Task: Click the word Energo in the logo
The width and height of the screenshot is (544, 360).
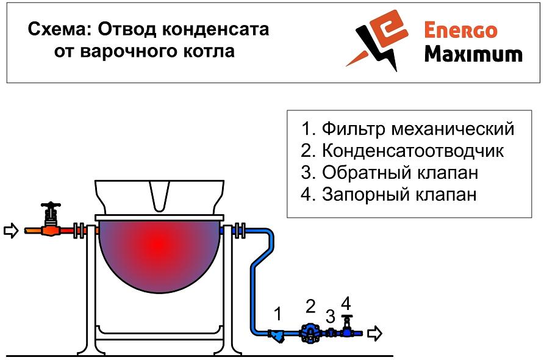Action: pos(460,30)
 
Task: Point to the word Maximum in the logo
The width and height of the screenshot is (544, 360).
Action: pos(473,54)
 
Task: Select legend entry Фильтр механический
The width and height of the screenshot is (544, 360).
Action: pos(407,129)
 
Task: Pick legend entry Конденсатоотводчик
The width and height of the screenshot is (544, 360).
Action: pos(402,151)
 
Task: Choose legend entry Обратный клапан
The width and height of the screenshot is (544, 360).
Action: pos(389,173)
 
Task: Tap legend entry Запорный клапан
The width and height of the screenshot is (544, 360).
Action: pos(388,195)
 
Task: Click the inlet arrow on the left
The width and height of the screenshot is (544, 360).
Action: pos(11,230)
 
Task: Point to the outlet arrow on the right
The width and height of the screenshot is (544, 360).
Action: pos(374,333)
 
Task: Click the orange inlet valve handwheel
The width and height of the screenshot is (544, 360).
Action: pos(51,204)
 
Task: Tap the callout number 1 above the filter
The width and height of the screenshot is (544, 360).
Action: pos(277,314)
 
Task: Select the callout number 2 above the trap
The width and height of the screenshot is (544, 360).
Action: pos(311,306)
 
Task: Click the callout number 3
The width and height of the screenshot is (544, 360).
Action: pos(331,316)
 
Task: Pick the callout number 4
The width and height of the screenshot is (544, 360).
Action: pos(346,304)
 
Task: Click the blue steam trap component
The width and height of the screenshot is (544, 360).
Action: pos(309,333)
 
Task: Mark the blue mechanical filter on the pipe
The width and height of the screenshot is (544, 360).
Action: pos(277,336)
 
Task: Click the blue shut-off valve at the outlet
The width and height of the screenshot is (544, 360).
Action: pos(346,326)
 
